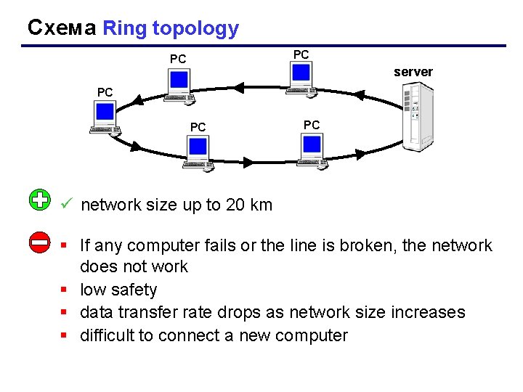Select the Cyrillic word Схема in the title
(61, 28)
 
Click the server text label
(413, 72)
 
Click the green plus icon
(40, 200)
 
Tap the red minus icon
(40, 242)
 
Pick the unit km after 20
(261, 205)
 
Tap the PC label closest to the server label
(301, 54)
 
